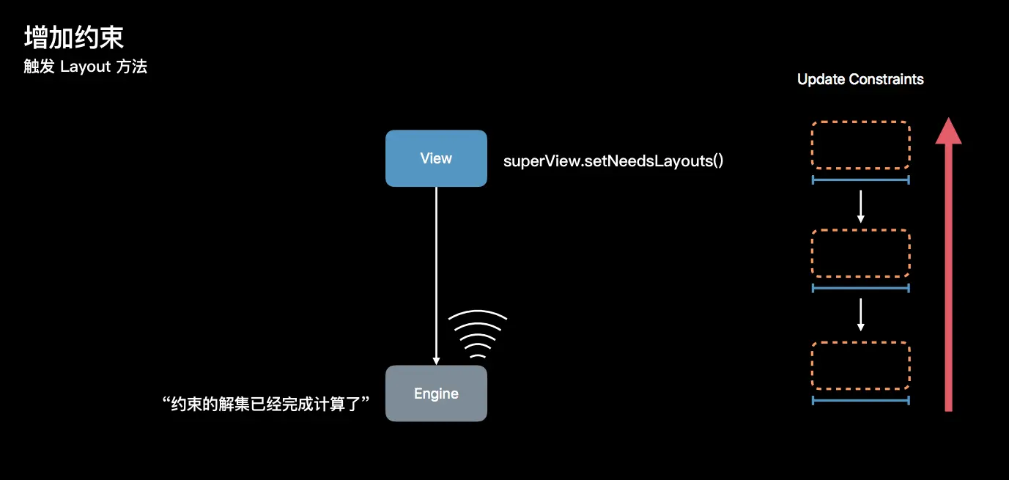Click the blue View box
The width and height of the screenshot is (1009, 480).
436,158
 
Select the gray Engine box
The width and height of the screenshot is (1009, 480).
436,394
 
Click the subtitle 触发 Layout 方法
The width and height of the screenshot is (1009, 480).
86,67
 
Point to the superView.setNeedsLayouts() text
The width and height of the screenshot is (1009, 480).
613,160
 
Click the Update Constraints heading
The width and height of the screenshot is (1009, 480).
860,79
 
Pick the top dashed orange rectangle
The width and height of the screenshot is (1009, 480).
861,145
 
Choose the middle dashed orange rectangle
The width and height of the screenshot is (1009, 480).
861,253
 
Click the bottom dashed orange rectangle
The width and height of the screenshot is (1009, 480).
861,366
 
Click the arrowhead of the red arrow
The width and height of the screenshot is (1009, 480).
948,131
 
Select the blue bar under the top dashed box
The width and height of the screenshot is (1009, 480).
861,180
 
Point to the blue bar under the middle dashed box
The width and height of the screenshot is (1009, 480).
861,288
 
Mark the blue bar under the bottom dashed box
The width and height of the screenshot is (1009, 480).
861,400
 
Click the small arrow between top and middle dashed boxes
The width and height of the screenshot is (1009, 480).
861,207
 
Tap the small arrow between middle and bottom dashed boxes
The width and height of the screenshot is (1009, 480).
861,314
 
